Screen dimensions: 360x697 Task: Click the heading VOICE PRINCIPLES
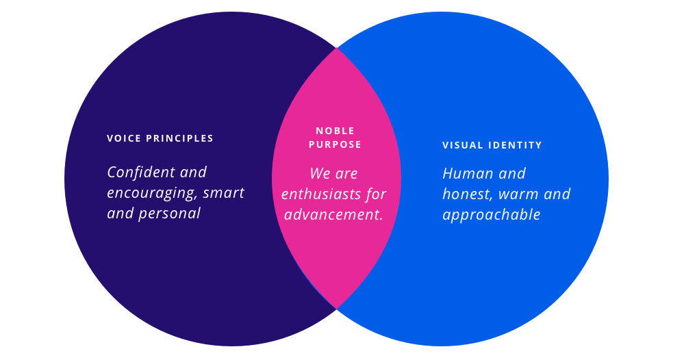tap(160, 138)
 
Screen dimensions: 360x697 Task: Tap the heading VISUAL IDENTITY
tap(492, 145)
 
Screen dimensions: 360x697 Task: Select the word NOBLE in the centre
tap(335, 131)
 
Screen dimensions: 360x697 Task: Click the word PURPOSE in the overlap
tap(335, 144)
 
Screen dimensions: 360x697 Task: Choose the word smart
tap(223, 192)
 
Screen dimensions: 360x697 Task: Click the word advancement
tap(333, 214)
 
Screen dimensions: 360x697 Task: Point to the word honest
tap(464, 194)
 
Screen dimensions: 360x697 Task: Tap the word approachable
tap(492, 215)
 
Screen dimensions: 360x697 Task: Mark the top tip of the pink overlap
tap(336, 49)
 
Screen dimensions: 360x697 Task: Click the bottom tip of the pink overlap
tap(336, 309)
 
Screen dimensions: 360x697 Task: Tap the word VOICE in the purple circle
tap(121, 138)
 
